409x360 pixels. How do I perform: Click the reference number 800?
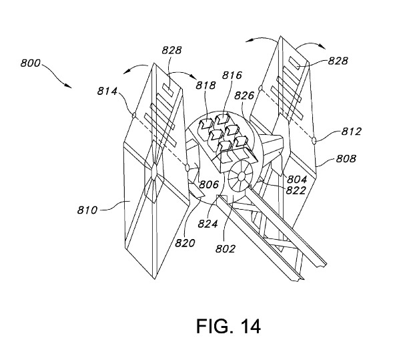pos(31,63)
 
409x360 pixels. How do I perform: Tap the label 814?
pos(107,91)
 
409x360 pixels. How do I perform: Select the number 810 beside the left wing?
pos(87,210)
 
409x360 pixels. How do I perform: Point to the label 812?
pos(352,132)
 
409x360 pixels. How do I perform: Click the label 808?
pos(346,159)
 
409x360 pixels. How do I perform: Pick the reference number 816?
pos(232,75)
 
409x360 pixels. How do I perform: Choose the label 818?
pos(206,85)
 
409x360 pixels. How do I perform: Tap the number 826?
pos(244,96)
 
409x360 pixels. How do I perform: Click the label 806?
pos(209,184)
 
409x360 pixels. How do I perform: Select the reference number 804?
pos(297,180)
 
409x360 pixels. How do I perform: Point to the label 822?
pos(296,190)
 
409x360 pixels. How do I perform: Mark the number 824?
pos(208,224)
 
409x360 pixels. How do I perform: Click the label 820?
pos(185,243)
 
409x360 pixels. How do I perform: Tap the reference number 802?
pos(226,248)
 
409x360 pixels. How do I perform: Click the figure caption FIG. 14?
pos(228,327)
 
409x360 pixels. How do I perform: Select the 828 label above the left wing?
pos(171,50)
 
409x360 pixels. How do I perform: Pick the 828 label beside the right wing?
pos(338,61)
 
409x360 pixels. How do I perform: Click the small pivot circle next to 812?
pos(314,141)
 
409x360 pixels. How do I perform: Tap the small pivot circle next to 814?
pos(134,115)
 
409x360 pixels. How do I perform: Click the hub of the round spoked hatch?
pos(242,176)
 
